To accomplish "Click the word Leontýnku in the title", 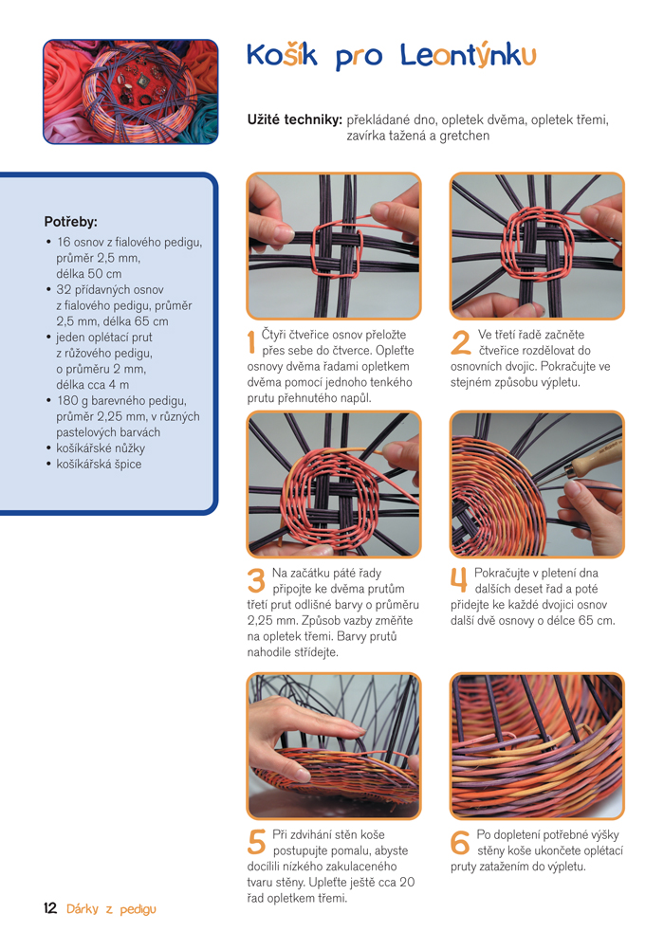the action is [x=468, y=56].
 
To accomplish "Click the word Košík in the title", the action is [x=282, y=55].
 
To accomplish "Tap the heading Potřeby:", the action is [x=71, y=222].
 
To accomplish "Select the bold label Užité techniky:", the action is [x=295, y=120].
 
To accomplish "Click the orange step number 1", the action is [x=251, y=342].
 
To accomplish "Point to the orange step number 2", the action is [x=460, y=342].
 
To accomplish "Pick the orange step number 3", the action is [x=256, y=580].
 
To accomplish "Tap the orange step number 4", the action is [x=459, y=580].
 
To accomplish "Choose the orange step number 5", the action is [x=256, y=842].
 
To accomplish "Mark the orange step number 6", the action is [x=460, y=842].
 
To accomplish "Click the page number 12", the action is [x=49, y=907].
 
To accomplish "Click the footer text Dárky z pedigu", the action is [x=111, y=909].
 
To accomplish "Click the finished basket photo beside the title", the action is [x=130, y=92].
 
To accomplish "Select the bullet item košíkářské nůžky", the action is [x=101, y=448].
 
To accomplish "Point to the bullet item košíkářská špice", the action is [x=99, y=464].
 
